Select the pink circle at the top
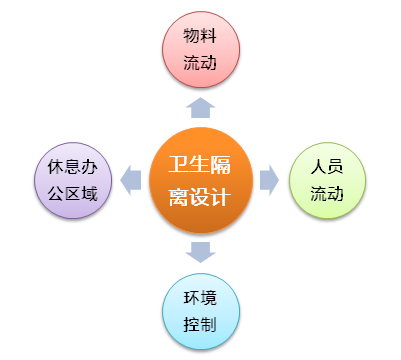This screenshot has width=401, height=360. [x=200, y=50]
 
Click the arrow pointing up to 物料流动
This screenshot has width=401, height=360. [x=200, y=105]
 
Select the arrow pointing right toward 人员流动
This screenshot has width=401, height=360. [x=268, y=180]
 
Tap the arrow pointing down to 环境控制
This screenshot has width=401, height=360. [x=200, y=252]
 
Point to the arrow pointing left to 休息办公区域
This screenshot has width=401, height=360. [x=130, y=180]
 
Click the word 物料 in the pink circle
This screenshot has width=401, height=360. [x=200, y=37]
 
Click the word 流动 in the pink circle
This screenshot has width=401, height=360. [x=200, y=63]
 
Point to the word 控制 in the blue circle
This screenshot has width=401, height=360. [x=200, y=325]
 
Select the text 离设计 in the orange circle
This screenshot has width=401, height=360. [x=200, y=197]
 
